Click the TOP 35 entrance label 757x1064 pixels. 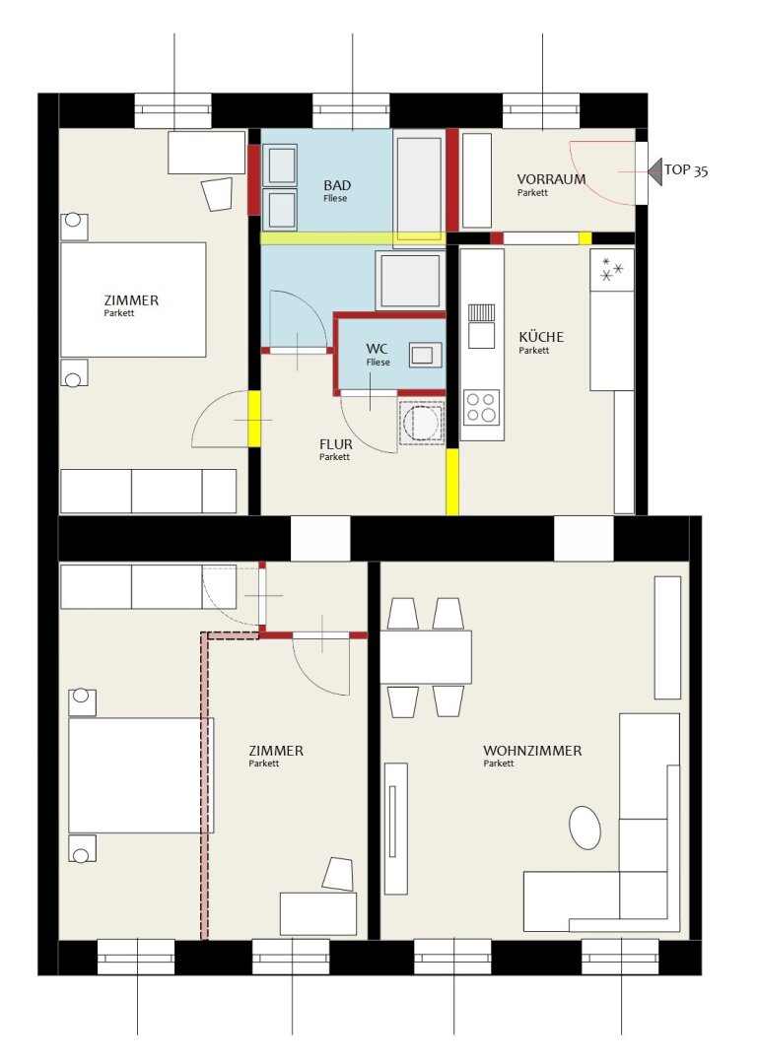(x=686, y=170)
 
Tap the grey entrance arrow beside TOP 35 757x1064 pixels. (x=654, y=171)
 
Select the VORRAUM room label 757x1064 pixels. (x=551, y=179)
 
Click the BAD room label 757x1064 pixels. (x=337, y=185)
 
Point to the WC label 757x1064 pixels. (x=377, y=349)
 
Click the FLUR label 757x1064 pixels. (x=336, y=444)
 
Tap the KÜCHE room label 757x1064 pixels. (x=541, y=337)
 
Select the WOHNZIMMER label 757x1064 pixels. (x=532, y=751)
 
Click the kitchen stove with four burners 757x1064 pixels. (x=481, y=407)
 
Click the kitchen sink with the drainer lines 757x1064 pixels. (x=481, y=326)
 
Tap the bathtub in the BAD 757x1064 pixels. (x=419, y=183)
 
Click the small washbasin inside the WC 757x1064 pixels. (x=425, y=355)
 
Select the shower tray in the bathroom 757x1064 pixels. (x=409, y=280)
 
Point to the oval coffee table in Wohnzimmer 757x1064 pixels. (x=585, y=828)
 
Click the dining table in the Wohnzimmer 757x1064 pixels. (x=426, y=657)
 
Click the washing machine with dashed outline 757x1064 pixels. (x=422, y=422)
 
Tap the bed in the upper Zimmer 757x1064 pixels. (x=133, y=299)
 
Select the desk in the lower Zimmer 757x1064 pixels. (x=318, y=914)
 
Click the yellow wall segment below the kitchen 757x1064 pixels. (x=452, y=481)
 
